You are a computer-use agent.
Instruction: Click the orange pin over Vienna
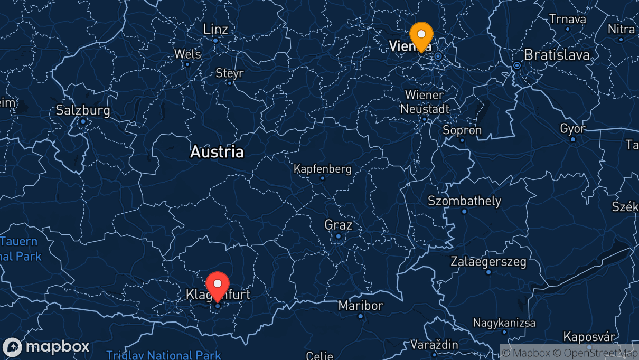click(x=421, y=35)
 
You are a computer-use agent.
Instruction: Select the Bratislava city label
click(x=557, y=55)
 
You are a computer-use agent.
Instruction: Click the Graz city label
click(x=338, y=225)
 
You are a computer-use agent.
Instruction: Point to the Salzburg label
click(x=83, y=111)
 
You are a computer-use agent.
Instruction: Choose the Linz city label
click(x=215, y=29)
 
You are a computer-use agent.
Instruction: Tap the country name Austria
click(x=217, y=152)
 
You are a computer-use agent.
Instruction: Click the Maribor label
click(x=361, y=305)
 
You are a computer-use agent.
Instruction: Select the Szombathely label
click(x=464, y=201)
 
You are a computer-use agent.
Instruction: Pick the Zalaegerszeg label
click(x=488, y=261)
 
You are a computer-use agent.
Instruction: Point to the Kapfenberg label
click(x=322, y=169)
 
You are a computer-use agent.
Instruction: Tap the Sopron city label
click(x=462, y=130)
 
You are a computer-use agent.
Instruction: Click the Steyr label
click(x=230, y=73)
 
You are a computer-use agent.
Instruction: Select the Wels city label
click(x=187, y=54)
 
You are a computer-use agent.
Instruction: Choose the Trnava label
click(x=567, y=19)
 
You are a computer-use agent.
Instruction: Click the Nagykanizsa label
click(x=504, y=323)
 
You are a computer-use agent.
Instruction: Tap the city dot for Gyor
click(x=573, y=139)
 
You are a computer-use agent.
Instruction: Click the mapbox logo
click(x=46, y=347)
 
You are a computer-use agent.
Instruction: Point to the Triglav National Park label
click(x=164, y=355)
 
